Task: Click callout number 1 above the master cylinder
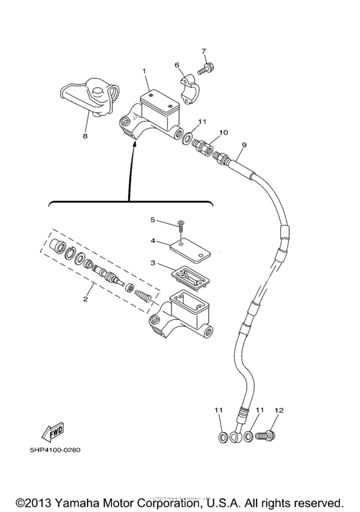pos(145,70)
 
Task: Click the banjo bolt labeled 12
pos(264,437)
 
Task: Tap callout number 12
pos(279,410)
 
